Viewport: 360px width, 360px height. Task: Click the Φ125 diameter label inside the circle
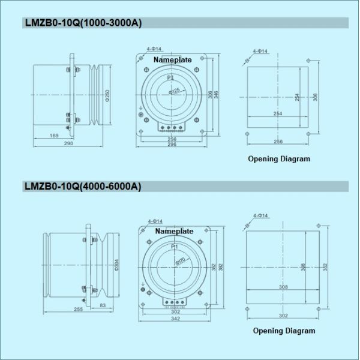(174, 91)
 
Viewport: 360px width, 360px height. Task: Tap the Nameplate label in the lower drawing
(174, 231)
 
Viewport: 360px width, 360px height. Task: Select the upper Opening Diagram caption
(279, 160)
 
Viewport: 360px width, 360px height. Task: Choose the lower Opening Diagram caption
(284, 331)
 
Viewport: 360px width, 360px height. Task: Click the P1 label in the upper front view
(171, 78)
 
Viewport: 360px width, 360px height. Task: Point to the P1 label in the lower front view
(174, 247)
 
